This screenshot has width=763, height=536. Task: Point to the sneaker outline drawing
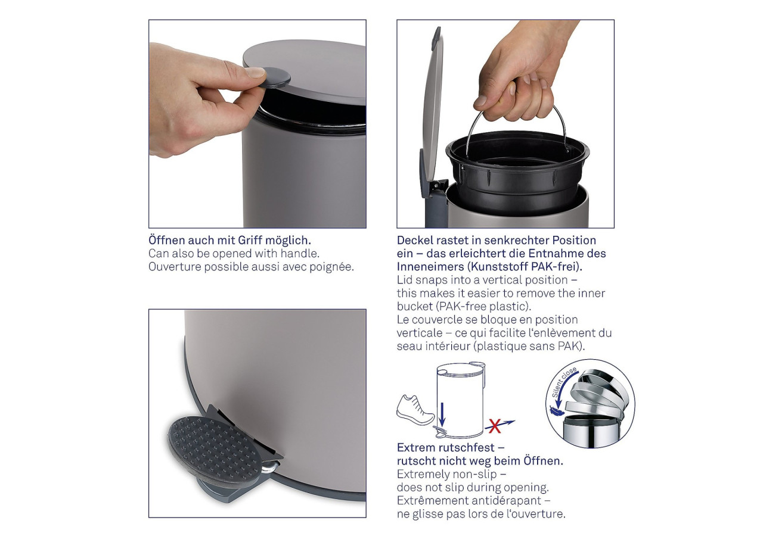[415, 410]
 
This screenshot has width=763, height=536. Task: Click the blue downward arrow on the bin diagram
[442, 414]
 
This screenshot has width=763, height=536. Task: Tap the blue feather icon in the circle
[555, 411]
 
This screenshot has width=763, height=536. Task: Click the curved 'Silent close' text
[564, 382]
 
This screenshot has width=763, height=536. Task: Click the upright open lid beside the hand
[432, 113]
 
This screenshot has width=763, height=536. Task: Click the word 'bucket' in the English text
[415, 307]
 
